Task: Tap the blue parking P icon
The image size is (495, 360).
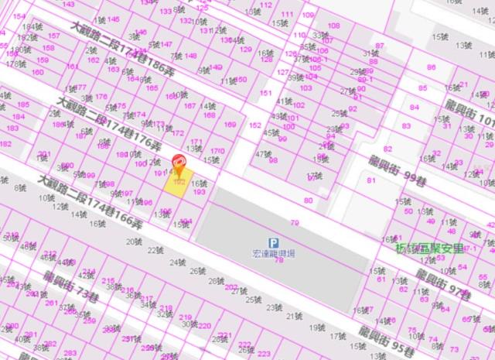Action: (272, 243)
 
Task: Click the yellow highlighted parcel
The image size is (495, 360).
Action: (179, 184)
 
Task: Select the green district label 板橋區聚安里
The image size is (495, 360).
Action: (430, 249)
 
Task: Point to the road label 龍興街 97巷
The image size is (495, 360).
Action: (443, 285)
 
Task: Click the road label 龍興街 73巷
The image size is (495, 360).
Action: (71, 287)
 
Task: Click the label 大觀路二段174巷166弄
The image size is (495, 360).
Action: (89, 202)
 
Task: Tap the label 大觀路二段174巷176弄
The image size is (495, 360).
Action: (108, 123)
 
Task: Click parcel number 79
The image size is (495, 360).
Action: (294, 223)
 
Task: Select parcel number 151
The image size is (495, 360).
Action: (265, 93)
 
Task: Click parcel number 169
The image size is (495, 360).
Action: (230, 125)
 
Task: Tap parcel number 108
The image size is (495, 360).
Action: (333, 26)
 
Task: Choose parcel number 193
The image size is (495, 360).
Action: (199, 191)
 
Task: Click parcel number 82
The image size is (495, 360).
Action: (387, 149)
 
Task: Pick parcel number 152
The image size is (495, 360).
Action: (254, 125)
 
